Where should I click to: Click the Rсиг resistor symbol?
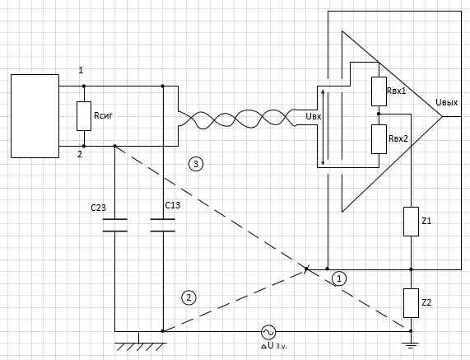[84, 116]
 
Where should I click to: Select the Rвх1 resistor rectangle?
[379, 91]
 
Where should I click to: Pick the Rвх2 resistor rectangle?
[379, 139]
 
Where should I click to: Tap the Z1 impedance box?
[411, 222]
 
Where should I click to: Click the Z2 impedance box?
[411, 303]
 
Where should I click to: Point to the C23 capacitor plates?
[114, 225]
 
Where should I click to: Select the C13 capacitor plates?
[163, 225]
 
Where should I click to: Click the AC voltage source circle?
[268, 332]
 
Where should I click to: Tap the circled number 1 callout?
[339, 278]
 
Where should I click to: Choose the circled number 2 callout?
[188, 297]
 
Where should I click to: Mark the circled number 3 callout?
[196, 164]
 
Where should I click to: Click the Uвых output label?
[447, 103]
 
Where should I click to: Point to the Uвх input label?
[314, 116]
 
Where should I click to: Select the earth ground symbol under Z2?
[411, 345]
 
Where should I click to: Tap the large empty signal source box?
[35, 116]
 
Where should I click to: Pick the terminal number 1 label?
[81, 70]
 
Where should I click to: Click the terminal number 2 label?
[80, 155]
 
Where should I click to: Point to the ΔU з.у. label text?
[274, 346]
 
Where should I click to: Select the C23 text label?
[98, 208]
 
